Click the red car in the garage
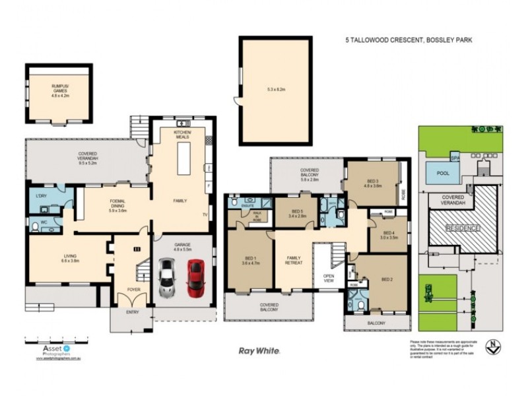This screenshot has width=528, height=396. pyautogui.click(x=195, y=277)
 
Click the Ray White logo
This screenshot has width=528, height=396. pyautogui.click(x=259, y=350)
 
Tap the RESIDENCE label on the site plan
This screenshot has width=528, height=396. pyautogui.click(x=462, y=227)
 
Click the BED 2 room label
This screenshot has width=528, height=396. pyautogui.click(x=387, y=280)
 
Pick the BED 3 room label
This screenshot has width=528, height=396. pyautogui.click(x=373, y=183)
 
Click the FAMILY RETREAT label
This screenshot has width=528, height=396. pyautogui.click(x=293, y=260)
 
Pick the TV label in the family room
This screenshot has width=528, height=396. pyautogui.click(x=205, y=215)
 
